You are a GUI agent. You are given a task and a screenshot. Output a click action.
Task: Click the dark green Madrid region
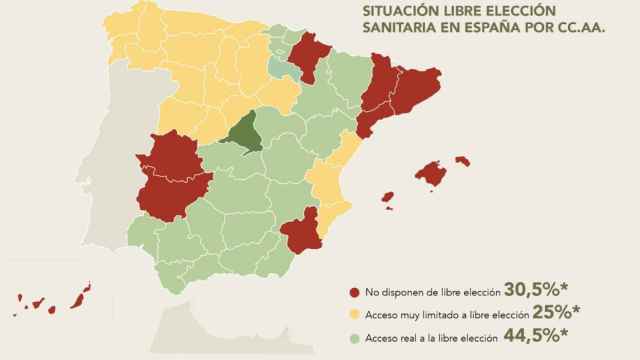point(244,135)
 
